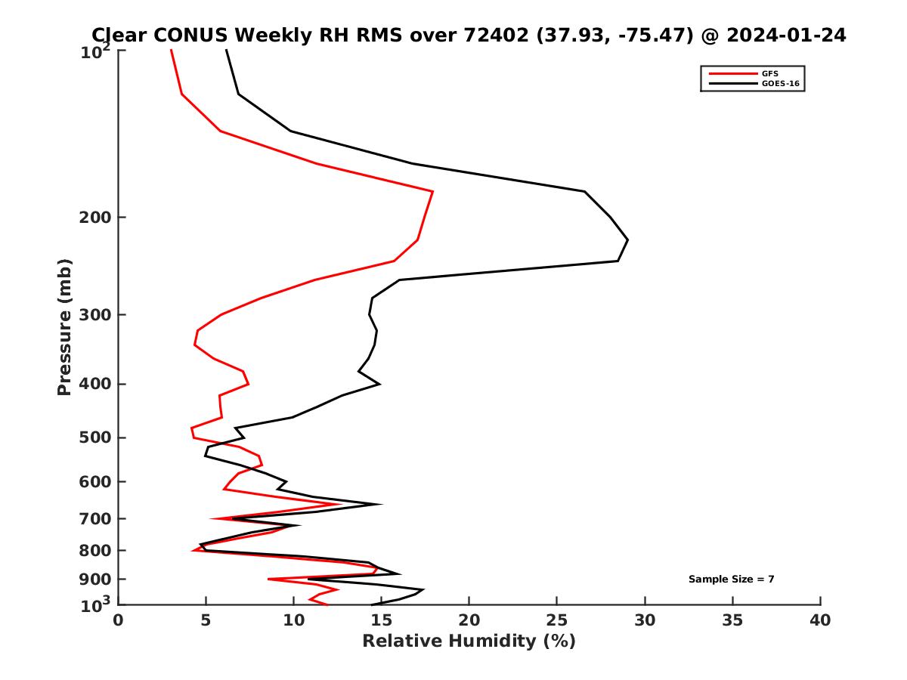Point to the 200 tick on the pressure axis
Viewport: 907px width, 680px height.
(97, 218)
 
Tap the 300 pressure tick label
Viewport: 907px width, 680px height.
(97, 315)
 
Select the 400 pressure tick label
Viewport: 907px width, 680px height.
(97, 384)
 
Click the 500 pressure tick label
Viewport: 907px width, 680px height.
(97, 437)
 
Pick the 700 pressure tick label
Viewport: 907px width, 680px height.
(97, 518)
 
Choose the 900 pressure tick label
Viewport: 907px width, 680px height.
(97, 580)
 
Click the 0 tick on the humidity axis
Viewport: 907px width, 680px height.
(118, 620)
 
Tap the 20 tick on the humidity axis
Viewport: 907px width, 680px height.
(469, 620)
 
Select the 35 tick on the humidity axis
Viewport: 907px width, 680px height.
(732, 620)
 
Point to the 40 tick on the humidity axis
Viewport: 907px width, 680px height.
(820, 620)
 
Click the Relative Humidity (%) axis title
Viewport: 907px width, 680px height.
(469, 641)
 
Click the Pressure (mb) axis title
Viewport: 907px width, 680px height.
(64, 327)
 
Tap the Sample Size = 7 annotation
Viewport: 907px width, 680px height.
(731, 580)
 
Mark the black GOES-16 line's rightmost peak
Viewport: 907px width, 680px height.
(627, 240)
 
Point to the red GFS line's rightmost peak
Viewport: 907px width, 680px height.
(432, 192)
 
